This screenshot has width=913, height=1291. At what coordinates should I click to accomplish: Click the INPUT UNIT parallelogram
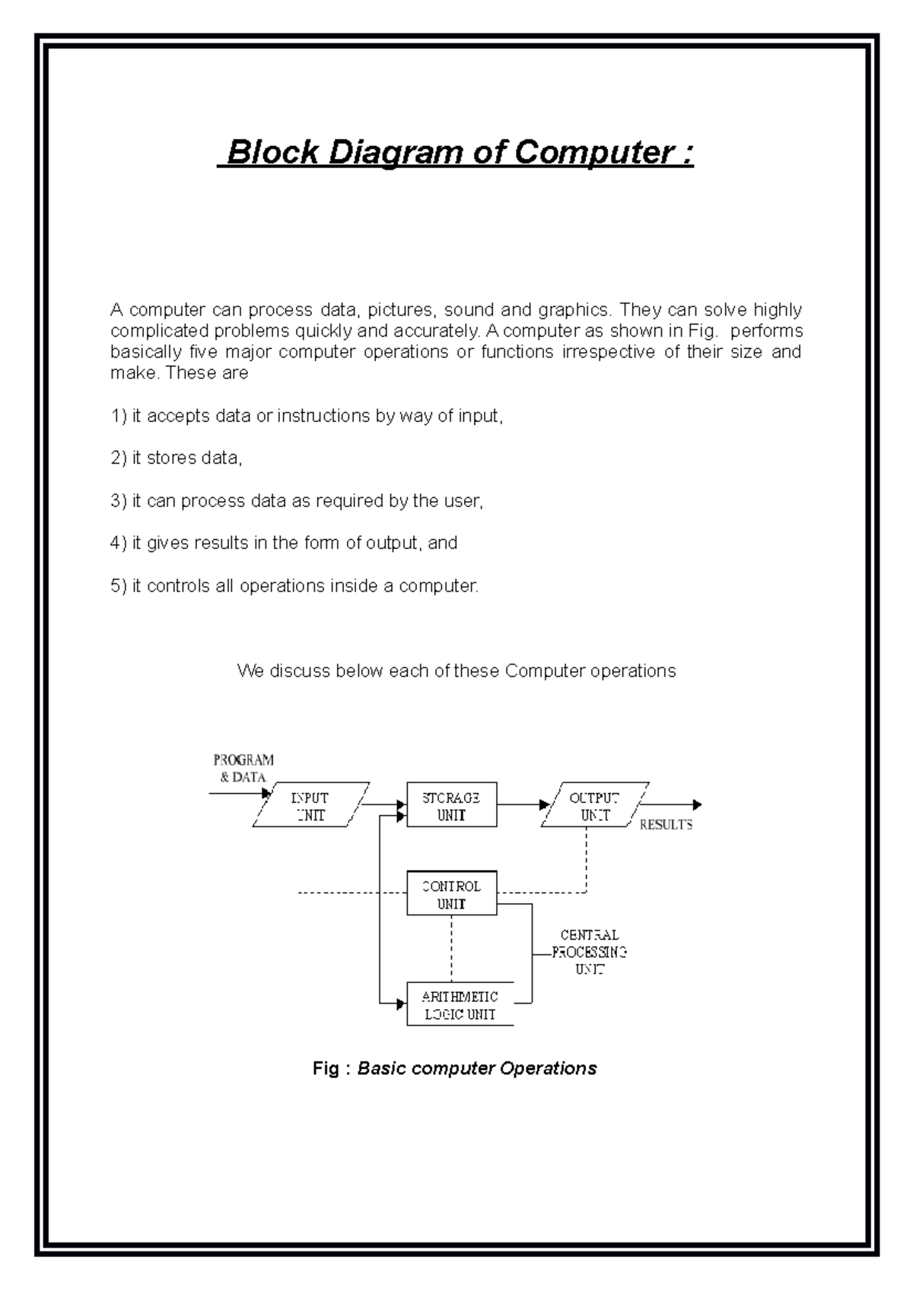pos(310,805)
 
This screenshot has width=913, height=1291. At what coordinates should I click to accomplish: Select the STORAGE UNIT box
pos(451,805)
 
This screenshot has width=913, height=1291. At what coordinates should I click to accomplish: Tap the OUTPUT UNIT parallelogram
pos(595,805)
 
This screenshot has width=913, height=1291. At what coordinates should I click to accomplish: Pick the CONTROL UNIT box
pos(451,894)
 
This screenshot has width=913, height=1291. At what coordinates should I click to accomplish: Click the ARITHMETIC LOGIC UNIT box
pos(460,1005)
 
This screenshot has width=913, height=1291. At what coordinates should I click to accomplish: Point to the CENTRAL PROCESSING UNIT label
pos(590,952)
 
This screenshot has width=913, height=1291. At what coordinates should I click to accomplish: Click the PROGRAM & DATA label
pos(243,768)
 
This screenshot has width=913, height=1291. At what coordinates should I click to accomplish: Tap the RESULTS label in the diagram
pos(666,825)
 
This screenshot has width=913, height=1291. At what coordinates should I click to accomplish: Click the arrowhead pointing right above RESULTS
pos(697,804)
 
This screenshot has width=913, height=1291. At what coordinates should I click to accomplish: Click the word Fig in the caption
pos(326,1068)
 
